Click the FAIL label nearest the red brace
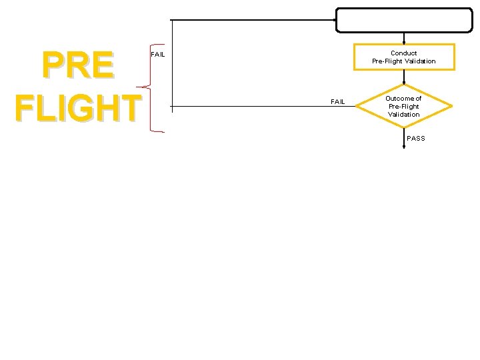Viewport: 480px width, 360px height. [x=158, y=54]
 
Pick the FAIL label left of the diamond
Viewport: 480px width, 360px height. [x=338, y=101]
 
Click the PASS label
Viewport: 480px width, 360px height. [x=415, y=138]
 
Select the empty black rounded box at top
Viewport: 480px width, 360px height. [x=403, y=20]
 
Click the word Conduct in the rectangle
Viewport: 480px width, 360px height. [x=403, y=53]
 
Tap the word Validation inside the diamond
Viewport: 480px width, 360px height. [x=403, y=115]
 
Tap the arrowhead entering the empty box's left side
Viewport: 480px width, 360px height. [x=333, y=20]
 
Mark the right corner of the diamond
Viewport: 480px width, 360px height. [x=451, y=106]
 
